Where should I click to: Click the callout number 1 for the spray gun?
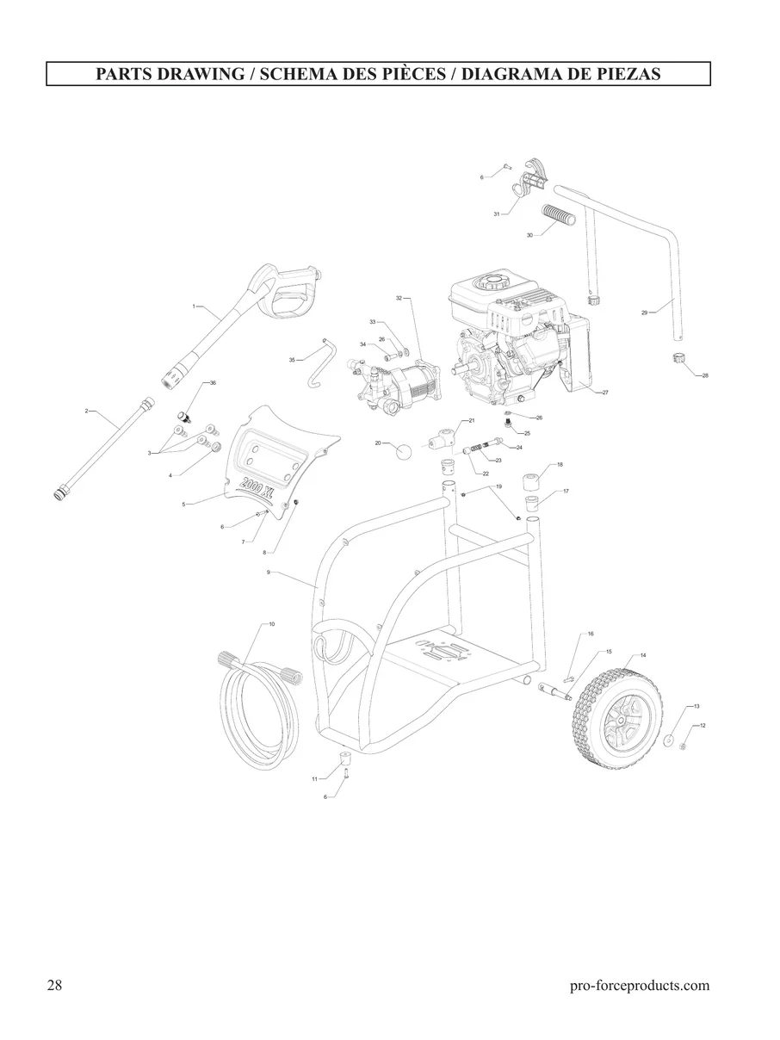coord(193,306)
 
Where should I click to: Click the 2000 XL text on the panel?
coord(257,486)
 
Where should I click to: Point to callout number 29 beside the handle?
coord(644,313)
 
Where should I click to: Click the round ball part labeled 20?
coord(404,451)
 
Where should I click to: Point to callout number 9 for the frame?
coord(268,572)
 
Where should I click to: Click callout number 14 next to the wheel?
coord(642,655)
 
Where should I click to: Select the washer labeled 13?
coord(669,739)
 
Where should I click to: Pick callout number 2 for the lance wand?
coord(86,411)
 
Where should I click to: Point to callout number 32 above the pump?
coord(399,298)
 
